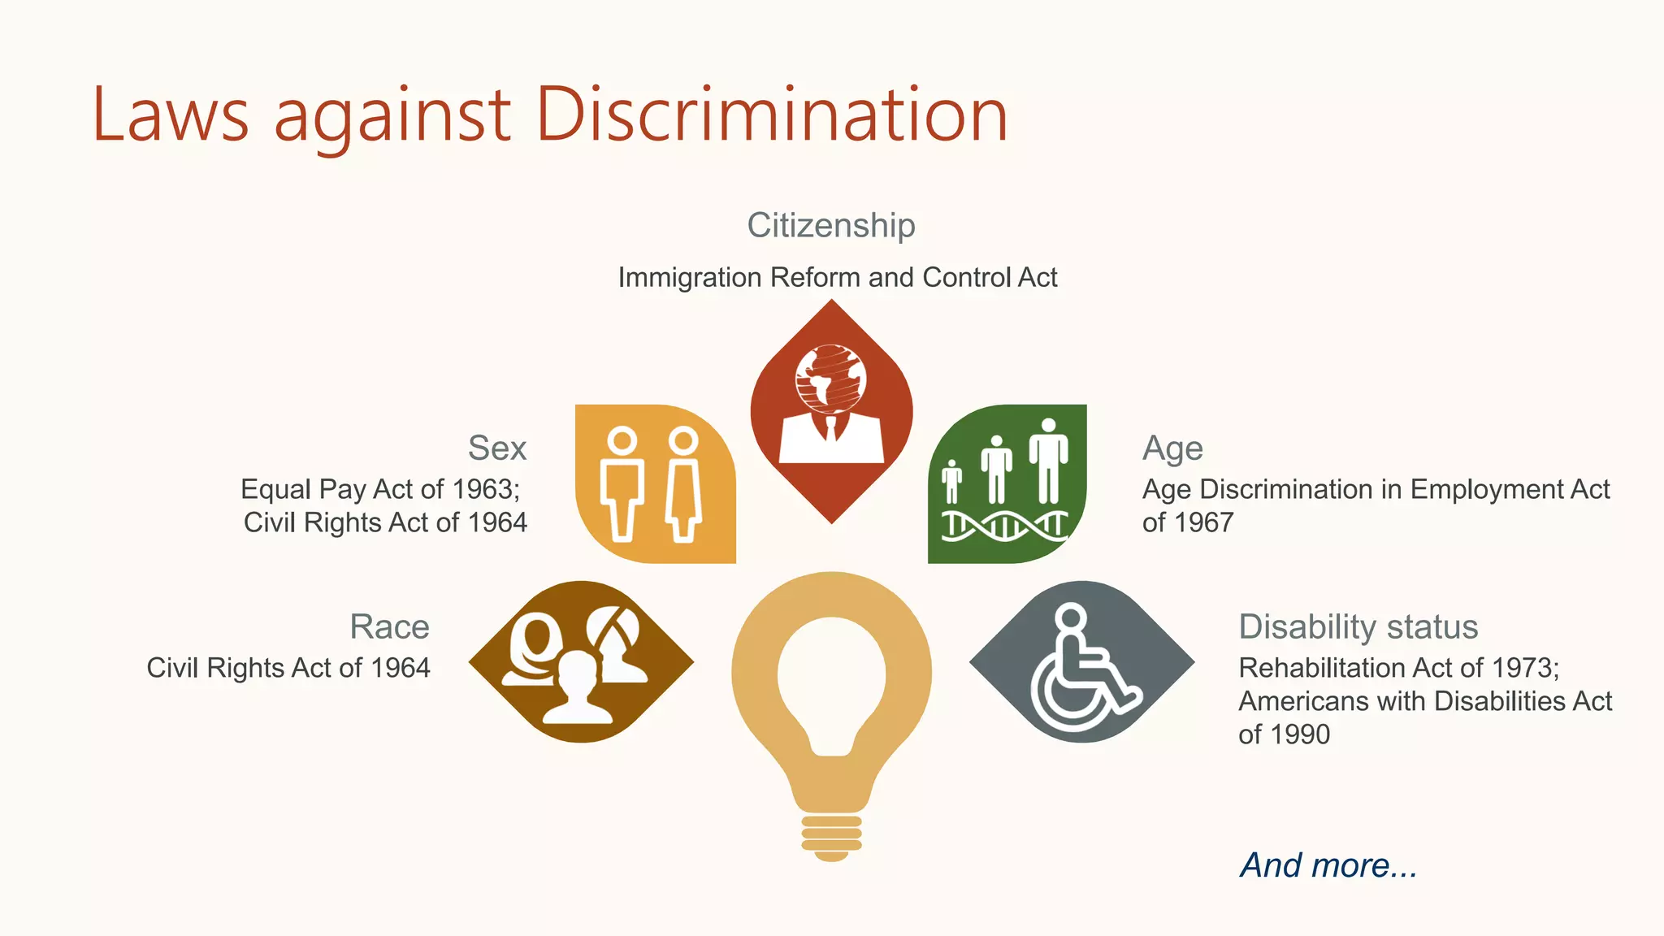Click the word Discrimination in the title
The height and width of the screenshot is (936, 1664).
coord(771,115)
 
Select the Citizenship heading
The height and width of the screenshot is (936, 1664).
coord(830,225)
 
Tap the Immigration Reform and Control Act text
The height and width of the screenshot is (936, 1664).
coord(837,278)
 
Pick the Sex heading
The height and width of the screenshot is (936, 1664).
coord(497,448)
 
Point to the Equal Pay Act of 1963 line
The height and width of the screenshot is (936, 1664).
coord(380,489)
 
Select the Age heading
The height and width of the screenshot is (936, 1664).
coord(1172,448)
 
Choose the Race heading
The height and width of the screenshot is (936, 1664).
coord(389,626)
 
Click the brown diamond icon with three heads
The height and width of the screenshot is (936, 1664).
coord(581,661)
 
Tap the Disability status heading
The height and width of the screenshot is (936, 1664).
coord(1358,626)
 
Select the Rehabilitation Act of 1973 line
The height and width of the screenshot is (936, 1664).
coord(1398,668)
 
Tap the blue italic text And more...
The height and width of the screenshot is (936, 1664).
coord(1328,865)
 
